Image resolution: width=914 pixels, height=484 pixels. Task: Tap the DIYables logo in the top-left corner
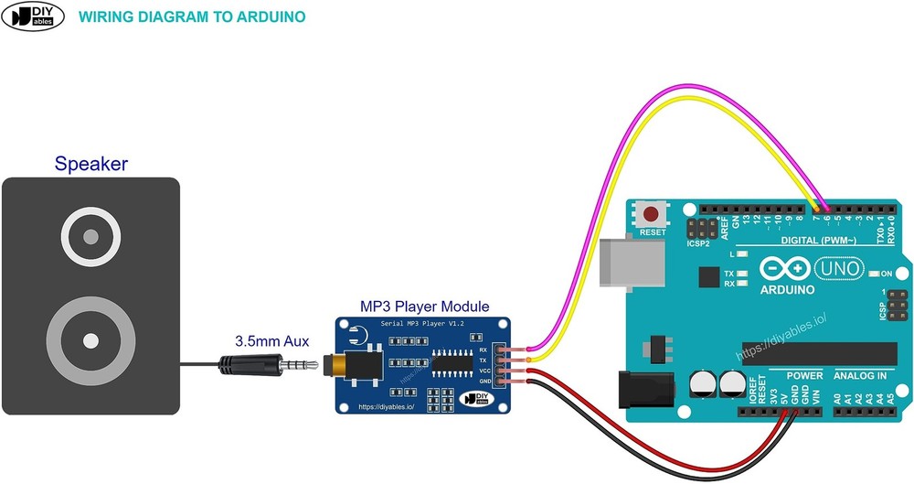coord(33,17)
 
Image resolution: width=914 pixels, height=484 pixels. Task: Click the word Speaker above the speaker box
coord(90,165)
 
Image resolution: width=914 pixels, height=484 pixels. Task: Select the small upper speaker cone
coord(90,238)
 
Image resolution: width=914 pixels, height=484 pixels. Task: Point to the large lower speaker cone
coord(90,341)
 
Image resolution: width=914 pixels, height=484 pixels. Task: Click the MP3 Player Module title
coord(423,307)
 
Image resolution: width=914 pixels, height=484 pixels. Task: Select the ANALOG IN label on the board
coord(860,375)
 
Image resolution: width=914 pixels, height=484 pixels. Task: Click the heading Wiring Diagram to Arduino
coord(192,17)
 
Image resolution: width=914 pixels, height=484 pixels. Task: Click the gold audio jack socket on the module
coord(343,366)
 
